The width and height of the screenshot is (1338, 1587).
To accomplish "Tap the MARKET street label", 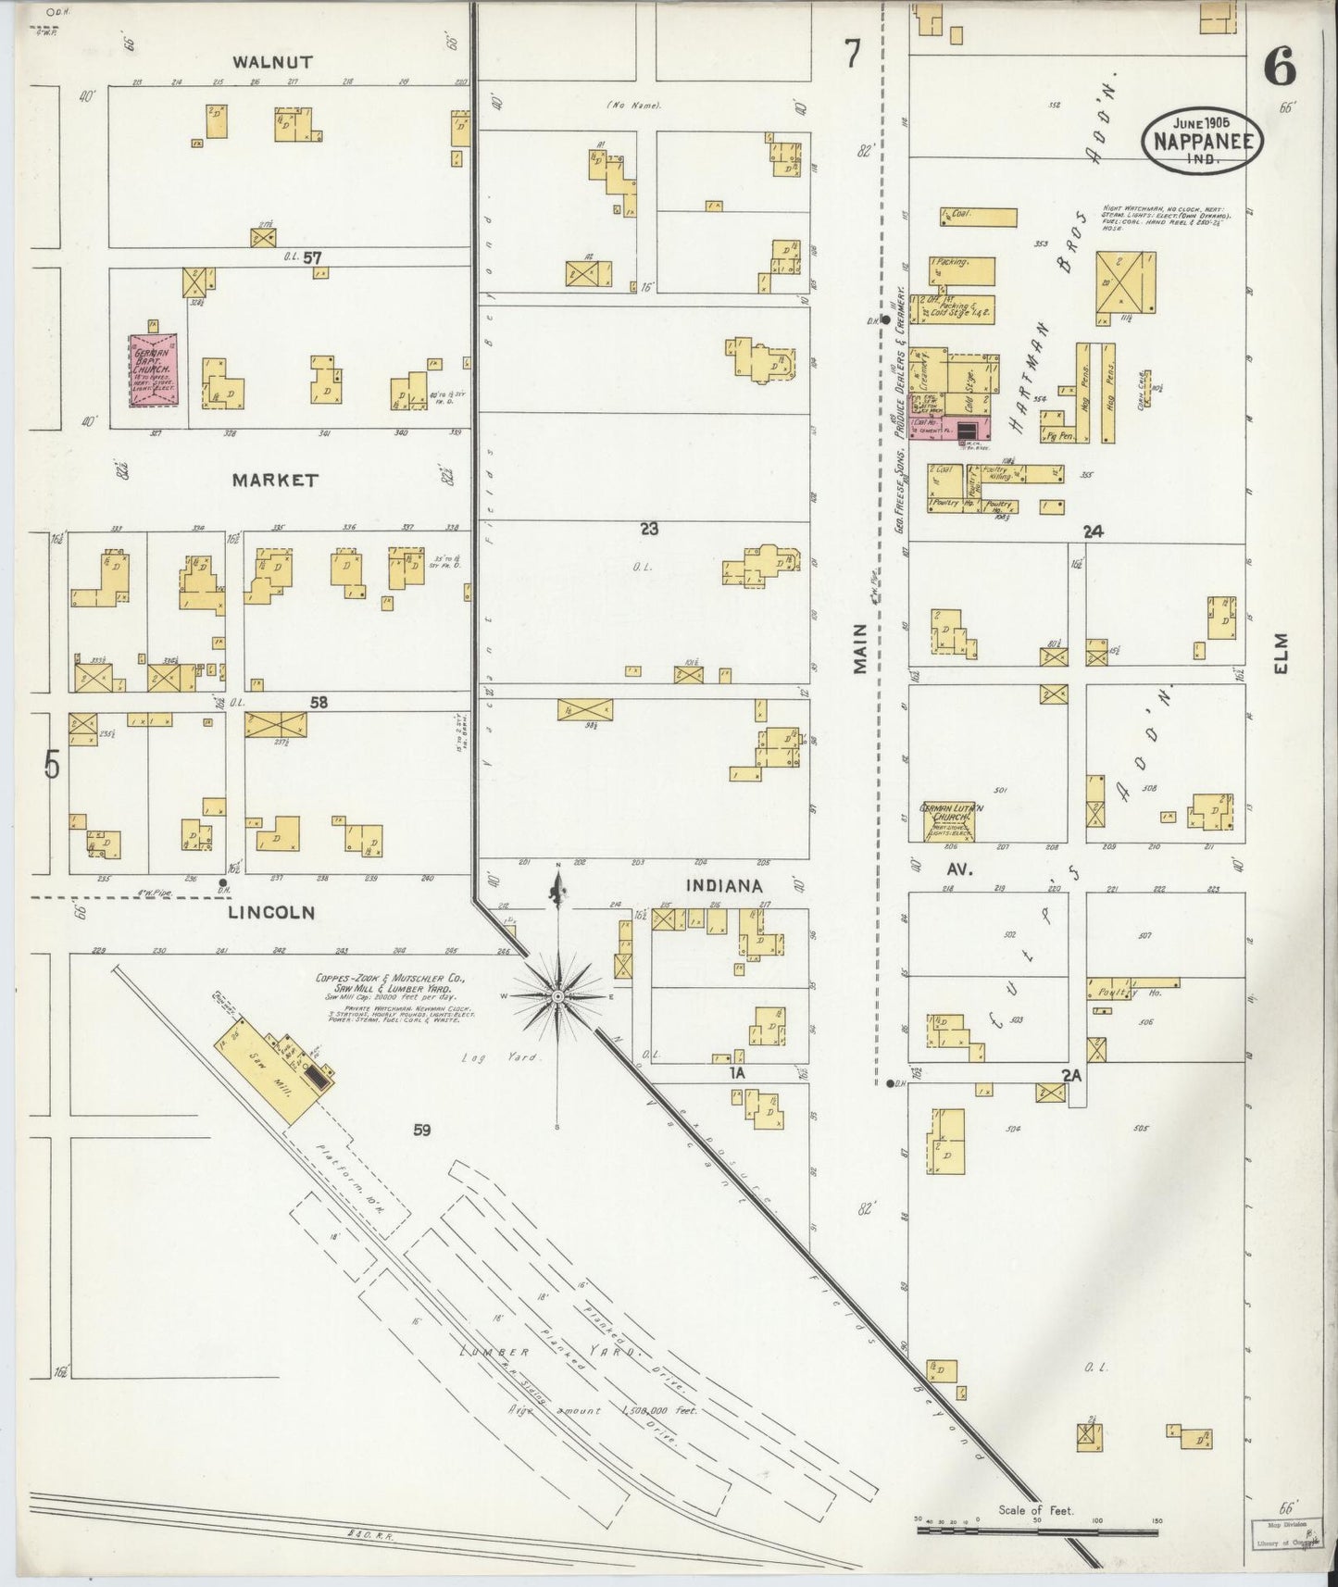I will coord(275,481).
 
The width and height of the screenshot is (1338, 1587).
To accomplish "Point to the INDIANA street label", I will coord(723,886).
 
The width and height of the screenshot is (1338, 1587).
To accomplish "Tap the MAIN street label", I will coord(860,648).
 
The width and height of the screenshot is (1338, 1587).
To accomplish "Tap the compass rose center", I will coord(558,995).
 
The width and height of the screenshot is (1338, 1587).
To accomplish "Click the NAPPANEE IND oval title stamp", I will coord(1202,141).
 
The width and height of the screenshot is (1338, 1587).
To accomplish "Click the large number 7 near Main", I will coord(852,56).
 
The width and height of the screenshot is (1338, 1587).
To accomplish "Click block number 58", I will coord(319,703).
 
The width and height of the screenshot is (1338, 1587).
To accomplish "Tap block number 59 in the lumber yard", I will coord(423,1130).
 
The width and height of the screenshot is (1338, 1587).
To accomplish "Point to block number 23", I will coord(648,529).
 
